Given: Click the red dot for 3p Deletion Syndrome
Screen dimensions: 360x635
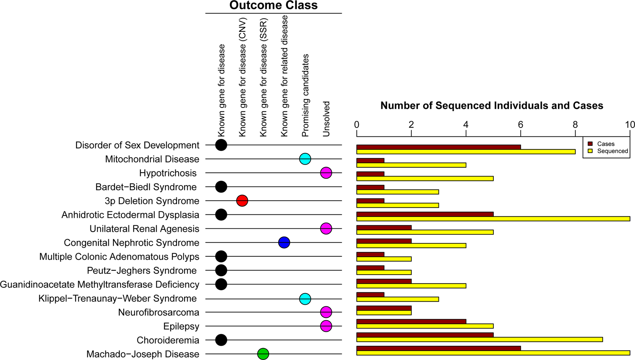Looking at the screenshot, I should point(242,201).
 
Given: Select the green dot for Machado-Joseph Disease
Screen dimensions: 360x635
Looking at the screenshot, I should point(263,354).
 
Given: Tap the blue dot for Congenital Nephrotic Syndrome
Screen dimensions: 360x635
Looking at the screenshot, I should point(284,243).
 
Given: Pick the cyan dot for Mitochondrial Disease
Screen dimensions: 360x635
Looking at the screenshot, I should point(305,159).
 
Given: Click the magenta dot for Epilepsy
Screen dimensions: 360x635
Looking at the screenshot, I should point(326,326).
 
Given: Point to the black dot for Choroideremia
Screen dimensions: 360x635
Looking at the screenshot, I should point(221,340).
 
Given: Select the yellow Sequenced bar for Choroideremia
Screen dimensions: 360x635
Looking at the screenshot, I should point(479,340).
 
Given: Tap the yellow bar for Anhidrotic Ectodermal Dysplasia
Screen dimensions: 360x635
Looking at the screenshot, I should point(493,219).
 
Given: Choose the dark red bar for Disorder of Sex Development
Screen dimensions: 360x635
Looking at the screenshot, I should point(439,147).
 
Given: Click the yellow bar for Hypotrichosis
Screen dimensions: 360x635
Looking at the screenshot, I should point(425,178).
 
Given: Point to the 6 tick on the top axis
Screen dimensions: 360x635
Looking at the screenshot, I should point(520,125).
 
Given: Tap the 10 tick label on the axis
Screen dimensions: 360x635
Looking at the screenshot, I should point(630,125).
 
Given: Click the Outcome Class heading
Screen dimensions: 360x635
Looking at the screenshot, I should point(273,5).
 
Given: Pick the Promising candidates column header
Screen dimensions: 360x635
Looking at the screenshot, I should point(305,95).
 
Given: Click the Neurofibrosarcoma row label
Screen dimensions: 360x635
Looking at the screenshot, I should point(159,312).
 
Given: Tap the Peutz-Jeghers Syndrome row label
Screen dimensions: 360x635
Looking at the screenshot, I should point(142,270).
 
